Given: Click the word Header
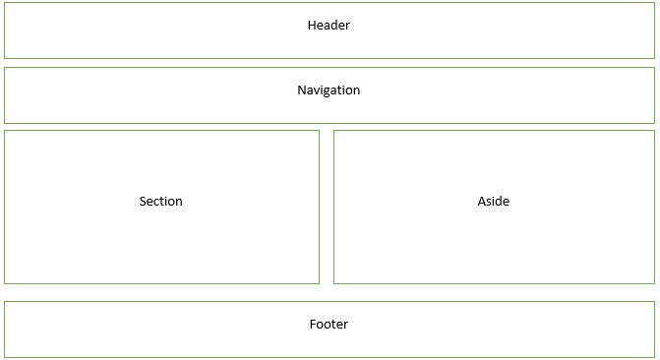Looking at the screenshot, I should [329, 26].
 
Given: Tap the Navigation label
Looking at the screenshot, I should [329, 90].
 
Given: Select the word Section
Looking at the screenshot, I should [160, 202].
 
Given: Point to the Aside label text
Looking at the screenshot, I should [493, 202].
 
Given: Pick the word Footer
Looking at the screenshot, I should [329, 325].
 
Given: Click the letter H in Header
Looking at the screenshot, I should [312, 26].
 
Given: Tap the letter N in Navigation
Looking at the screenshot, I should [302, 90].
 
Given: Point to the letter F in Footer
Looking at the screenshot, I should [313, 325].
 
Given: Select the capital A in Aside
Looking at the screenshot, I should [482, 202].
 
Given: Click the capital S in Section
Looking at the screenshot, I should [143, 202].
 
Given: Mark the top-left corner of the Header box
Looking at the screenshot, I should [4, 3].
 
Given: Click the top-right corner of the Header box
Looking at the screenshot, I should [654, 3].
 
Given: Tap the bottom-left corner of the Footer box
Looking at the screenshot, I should [4, 357].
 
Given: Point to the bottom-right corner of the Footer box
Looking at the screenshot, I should [654, 357].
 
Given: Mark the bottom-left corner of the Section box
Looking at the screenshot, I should [4, 283].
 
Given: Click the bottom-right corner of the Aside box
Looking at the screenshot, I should [654, 283].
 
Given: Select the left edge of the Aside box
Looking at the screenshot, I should [333, 207].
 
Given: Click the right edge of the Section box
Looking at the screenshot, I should [319, 207].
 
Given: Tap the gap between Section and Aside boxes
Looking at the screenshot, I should [327, 207].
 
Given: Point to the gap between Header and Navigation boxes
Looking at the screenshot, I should [329, 63].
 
